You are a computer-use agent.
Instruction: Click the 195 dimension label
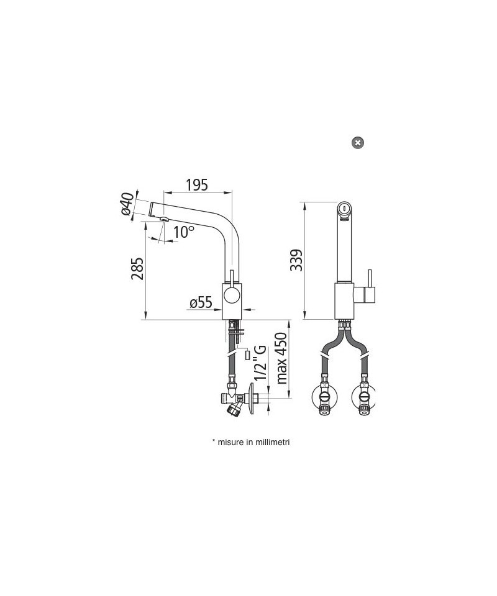coord(197,185)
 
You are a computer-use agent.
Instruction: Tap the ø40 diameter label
coord(128,204)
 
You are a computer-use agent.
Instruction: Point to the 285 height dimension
coord(137,269)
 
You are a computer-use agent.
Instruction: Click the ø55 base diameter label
coord(201,302)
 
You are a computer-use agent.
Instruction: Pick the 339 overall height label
coord(296,260)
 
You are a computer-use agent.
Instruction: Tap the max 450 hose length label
coord(281,358)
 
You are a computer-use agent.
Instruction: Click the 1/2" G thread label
coord(260,363)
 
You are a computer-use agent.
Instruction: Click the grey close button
coord(357,143)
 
